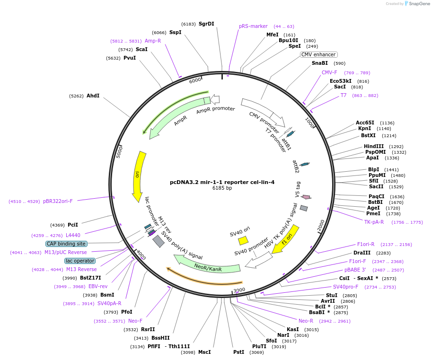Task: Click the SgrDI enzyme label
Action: pyautogui.click(x=206, y=24)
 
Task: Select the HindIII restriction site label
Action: pyautogui.click(x=374, y=146)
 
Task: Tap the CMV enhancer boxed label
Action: pyautogui.click(x=318, y=54)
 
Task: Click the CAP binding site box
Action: pyautogui.click(x=66, y=244)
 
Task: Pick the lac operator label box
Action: pyautogui.click(x=80, y=261)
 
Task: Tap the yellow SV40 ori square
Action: pyautogui.click(x=243, y=240)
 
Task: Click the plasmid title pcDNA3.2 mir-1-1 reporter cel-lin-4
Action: pyautogui.click(x=222, y=182)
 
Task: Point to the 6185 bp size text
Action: pyautogui.click(x=222, y=188)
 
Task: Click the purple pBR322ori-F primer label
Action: pyautogui.click(x=58, y=201)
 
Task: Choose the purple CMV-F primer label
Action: pyautogui.click(x=329, y=72)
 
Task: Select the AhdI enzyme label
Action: pyautogui.click(x=93, y=96)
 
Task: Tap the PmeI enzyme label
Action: pyautogui.click(x=373, y=213)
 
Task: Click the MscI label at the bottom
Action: pyautogui.click(x=204, y=352)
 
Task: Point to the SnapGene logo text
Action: pyautogui.click(x=418, y=4)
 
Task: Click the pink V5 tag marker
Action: pyautogui.click(x=306, y=197)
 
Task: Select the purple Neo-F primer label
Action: pyautogui.click(x=135, y=321)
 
